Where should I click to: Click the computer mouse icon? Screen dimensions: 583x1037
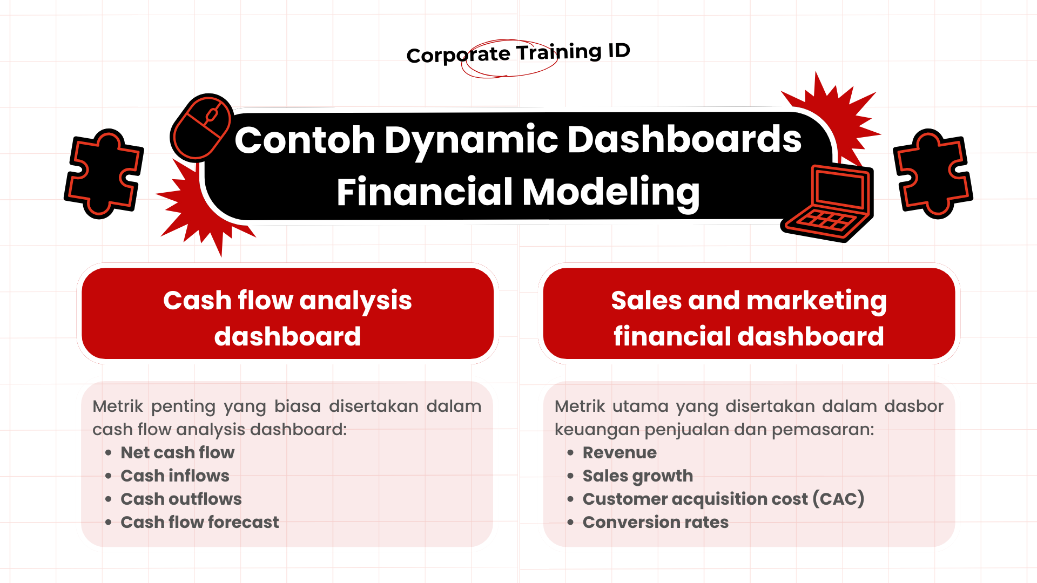click(201, 127)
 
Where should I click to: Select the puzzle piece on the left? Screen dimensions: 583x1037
click(104, 174)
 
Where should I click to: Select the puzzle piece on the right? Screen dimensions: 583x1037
click(933, 174)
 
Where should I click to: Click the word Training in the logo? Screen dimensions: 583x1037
click(558, 52)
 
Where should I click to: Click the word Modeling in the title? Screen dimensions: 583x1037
click(611, 192)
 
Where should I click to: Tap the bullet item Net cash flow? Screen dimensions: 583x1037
click(177, 452)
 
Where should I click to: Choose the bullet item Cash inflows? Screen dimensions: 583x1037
click(174, 476)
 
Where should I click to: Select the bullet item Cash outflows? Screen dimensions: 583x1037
click(181, 499)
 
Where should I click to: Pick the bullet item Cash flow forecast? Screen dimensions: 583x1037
click(199, 522)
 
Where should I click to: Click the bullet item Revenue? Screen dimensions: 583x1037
click(619, 452)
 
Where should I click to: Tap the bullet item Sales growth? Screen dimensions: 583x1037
click(637, 476)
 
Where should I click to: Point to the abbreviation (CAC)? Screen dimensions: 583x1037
click(839, 499)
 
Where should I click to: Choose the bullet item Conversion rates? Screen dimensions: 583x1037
click(655, 522)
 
